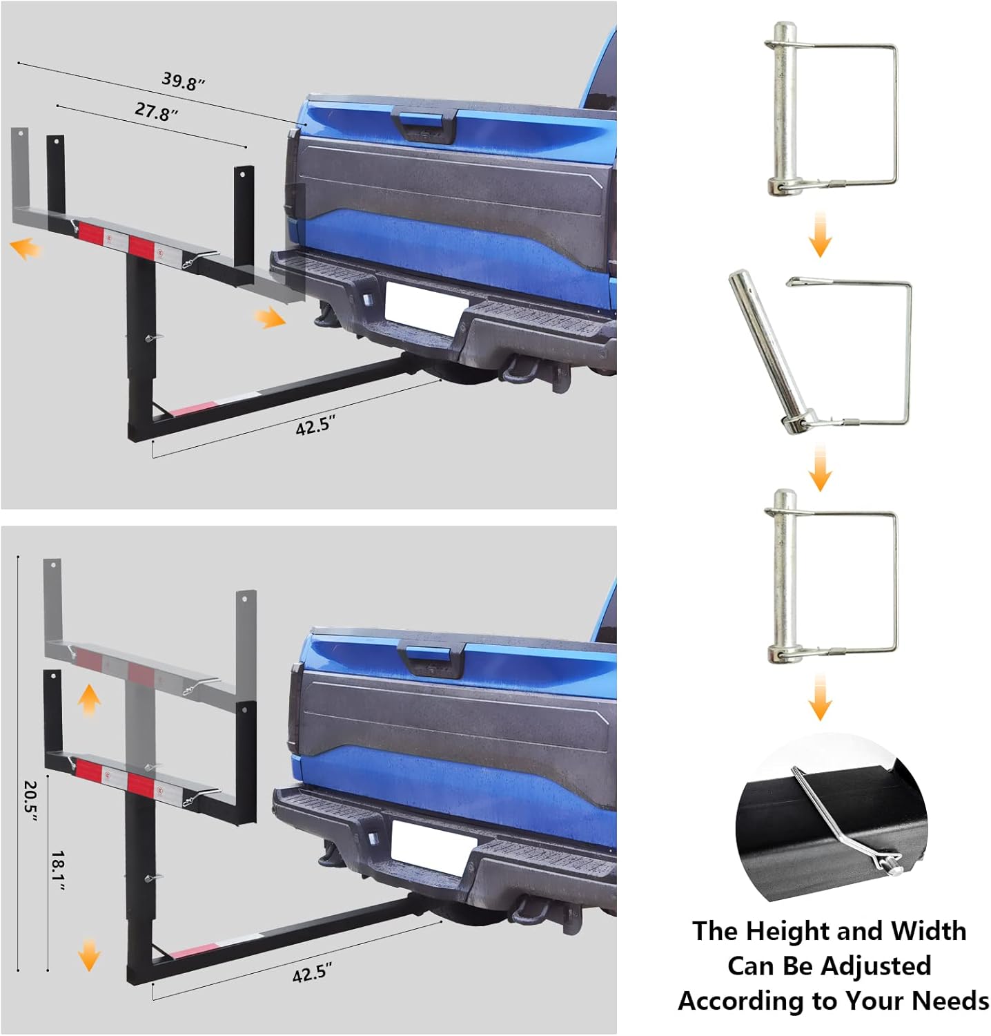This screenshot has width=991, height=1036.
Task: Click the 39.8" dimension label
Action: [183, 81]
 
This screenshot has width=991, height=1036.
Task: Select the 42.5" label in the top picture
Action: [315, 426]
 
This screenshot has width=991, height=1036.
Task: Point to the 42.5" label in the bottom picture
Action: [312, 974]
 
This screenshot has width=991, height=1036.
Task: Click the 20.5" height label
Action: [30, 800]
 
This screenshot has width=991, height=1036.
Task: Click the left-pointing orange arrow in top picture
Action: [26, 248]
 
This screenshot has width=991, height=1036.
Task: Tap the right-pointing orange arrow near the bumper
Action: [268, 318]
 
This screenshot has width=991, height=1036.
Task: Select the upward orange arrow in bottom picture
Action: [89, 702]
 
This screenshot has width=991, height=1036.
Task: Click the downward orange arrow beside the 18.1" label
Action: [89, 955]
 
